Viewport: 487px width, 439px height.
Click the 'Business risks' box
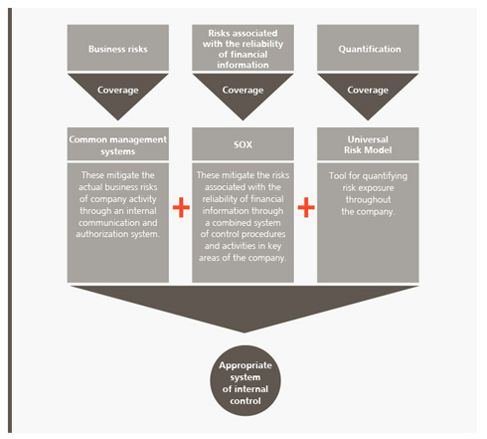[x=118, y=48]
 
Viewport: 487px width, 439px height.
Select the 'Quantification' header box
[x=368, y=48]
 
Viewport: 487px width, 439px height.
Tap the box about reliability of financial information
[x=243, y=48]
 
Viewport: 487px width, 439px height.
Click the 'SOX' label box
[x=243, y=144]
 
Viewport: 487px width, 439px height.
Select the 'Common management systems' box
[x=118, y=144]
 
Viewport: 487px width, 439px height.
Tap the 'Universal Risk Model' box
[x=368, y=144]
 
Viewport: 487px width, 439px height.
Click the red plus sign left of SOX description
[x=181, y=207]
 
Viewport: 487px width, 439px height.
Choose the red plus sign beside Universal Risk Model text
[x=306, y=207]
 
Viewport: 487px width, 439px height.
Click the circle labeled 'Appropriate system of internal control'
[x=245, y=380]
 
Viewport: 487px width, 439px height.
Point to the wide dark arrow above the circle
[x=244, y=307]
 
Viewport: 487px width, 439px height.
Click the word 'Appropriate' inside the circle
[x=245, y=365]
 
